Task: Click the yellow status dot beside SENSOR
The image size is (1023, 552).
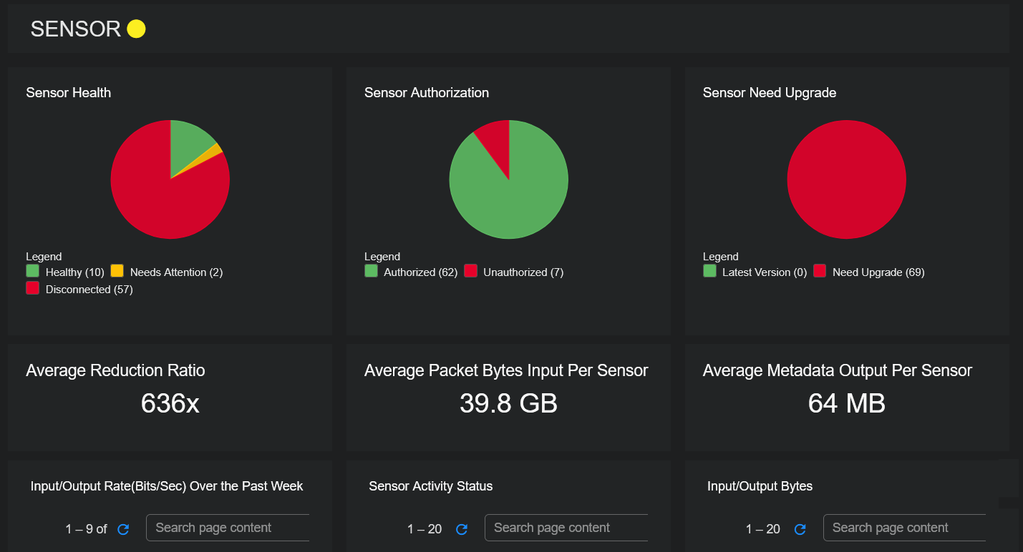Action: tap(136, 29)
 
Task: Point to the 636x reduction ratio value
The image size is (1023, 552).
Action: tap(170, 404)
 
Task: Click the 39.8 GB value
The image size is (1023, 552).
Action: tap(508, 404)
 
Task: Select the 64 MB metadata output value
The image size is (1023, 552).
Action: tap(846, 404)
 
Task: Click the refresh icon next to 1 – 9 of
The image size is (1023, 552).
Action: tap(123, 529)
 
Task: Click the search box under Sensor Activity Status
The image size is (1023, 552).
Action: tap(566, 528)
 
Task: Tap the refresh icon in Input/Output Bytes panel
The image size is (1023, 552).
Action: tap(800, 529)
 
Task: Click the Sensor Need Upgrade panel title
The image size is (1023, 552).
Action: tap(769, 93)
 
